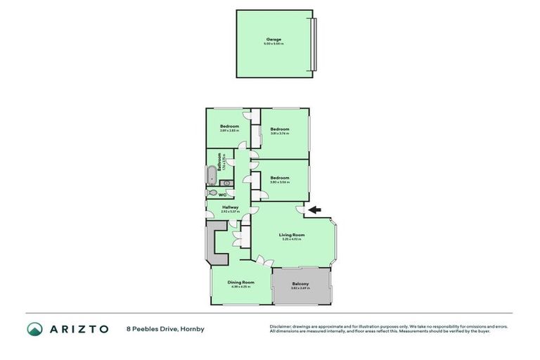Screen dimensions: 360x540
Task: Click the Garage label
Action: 274,39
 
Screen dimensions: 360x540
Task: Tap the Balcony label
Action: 300,283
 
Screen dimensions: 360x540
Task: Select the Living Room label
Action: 291,235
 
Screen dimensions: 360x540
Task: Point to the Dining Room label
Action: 240,282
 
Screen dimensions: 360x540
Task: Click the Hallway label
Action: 231,207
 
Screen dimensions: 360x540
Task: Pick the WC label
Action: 222,195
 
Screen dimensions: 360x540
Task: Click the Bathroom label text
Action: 220,162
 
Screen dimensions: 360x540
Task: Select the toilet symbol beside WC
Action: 212,192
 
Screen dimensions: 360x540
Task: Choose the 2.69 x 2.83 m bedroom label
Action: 229,127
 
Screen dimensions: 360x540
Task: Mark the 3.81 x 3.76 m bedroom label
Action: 280,129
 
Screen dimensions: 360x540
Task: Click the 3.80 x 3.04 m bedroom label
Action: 280,178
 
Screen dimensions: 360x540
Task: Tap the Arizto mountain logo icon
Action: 34,328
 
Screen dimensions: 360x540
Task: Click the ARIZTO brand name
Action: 78,328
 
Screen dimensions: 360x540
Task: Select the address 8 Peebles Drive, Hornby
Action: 165,328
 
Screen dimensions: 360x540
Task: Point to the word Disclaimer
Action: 281,326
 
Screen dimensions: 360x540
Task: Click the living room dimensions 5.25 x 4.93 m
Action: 291,240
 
